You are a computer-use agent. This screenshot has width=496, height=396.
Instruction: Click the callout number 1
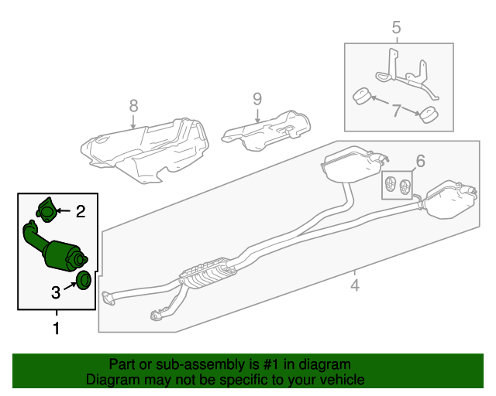point(56,329)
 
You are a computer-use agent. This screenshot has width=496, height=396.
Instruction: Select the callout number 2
point(79,210)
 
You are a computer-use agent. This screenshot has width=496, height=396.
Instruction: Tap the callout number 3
point(56,292)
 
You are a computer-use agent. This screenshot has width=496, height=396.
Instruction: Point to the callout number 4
point(355,285)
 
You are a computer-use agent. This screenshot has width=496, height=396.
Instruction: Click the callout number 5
point(396,29)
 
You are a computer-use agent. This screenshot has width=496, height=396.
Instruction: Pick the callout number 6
point(420,161)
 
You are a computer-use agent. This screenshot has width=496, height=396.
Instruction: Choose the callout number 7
point(396,111)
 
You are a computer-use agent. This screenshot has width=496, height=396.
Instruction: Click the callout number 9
point(257,99)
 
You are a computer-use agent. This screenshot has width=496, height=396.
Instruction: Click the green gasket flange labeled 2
point(46,209)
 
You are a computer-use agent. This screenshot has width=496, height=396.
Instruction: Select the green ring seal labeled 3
point(84,279)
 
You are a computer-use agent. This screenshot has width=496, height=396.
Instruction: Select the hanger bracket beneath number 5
point(403,73)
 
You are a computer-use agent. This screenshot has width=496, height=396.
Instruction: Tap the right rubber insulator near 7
point(427,117)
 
